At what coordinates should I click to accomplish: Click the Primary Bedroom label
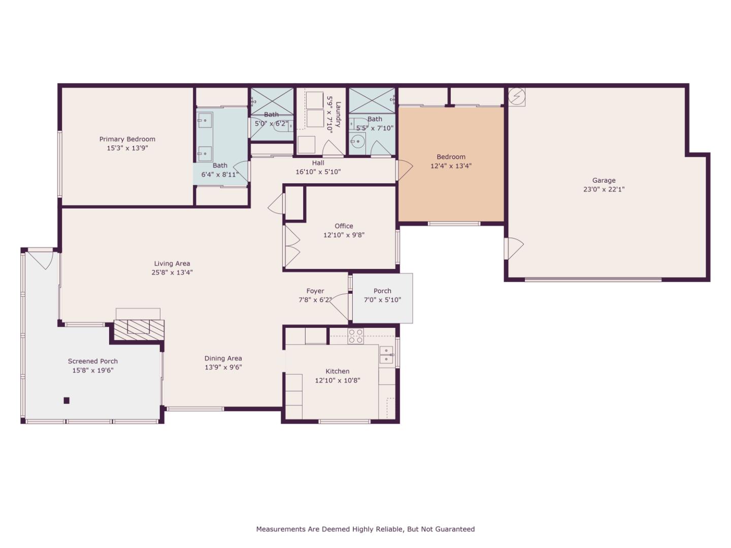point(127,139)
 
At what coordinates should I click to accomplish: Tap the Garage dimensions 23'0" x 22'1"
point(604,189)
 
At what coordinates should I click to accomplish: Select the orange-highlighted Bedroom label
point(451,157)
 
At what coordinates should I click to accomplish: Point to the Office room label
point(344,226)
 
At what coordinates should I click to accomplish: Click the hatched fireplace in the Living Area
point(139,329)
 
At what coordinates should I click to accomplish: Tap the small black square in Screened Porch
point(67,400)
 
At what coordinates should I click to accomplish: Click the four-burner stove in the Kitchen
point(355,336)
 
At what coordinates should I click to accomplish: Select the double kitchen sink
point(386,355)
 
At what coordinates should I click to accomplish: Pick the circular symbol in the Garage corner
point(517,96)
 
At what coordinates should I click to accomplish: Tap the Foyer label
point(315,291)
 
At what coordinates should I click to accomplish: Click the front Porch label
point(382,291)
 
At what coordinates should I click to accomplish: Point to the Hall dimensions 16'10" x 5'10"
point(318,172)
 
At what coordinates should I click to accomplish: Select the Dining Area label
point(223,358)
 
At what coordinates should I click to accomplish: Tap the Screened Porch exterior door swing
point(42,259)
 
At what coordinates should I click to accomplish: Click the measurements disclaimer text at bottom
point(365,529)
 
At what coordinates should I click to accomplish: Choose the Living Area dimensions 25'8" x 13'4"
point(173,272)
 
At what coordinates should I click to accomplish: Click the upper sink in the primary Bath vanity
point(205,120)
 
